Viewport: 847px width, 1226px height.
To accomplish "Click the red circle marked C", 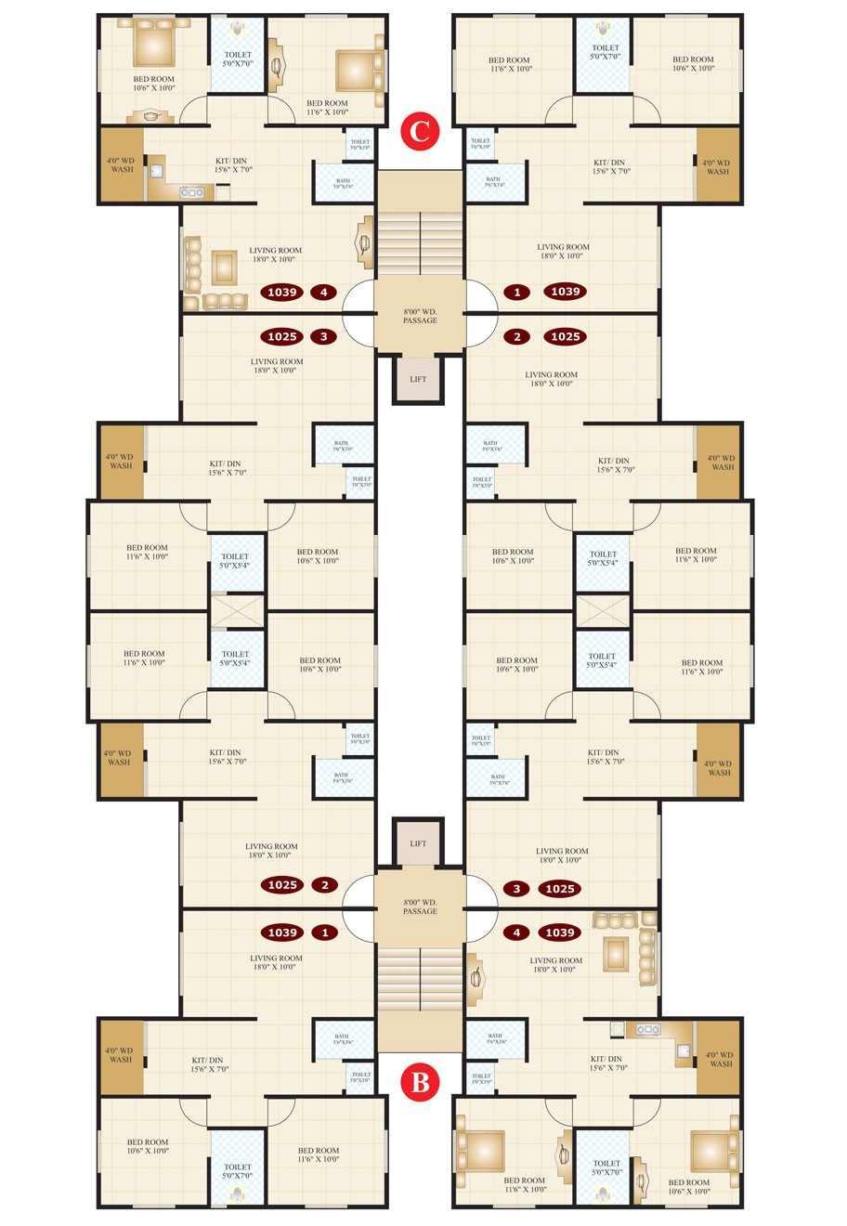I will [420, 131].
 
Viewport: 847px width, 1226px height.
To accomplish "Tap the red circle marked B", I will [420, 1083].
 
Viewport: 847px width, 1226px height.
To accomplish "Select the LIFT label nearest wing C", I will [418, 379].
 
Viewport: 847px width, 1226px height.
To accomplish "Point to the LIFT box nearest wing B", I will [418, 843].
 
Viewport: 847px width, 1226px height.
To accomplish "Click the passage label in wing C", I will [420, 316].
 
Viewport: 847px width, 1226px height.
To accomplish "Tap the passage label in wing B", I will [420, 906].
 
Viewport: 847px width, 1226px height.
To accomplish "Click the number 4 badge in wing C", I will [323, 293].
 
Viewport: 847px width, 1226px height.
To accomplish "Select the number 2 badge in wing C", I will [517, 337].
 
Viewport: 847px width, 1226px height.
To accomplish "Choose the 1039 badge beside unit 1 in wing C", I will [565, 292].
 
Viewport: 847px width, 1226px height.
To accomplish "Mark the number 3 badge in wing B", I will [517, 889].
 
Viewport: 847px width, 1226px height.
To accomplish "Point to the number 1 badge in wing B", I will [324, 933].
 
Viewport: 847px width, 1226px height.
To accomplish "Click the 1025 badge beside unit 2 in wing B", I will [282, 885].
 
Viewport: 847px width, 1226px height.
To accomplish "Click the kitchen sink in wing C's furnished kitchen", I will [191, 192].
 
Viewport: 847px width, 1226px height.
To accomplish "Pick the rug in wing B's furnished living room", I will [615, 953].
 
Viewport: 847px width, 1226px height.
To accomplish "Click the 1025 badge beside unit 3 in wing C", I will [281, 337].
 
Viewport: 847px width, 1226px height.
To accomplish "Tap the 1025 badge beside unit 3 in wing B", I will [559, 889].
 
